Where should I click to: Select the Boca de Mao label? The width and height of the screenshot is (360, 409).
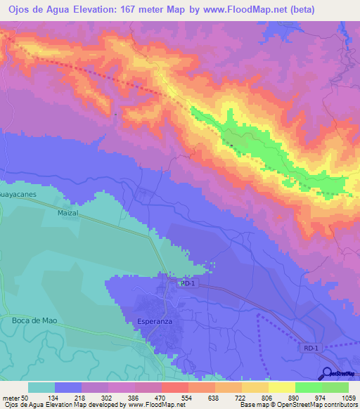(34, 320)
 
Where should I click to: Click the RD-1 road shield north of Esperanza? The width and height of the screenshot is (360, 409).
(186, 284)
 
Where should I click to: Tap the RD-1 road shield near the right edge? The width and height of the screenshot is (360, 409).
(311, 348)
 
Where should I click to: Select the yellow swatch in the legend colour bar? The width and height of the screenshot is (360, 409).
(282, 387)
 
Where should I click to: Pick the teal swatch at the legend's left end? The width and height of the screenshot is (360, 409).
(41, 387)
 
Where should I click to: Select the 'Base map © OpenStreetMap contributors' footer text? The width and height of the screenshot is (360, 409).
(298, 405)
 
